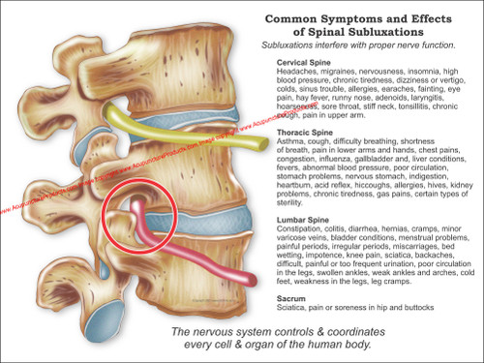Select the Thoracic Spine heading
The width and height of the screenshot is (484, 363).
pyautogui.click(x=305, y=130)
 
